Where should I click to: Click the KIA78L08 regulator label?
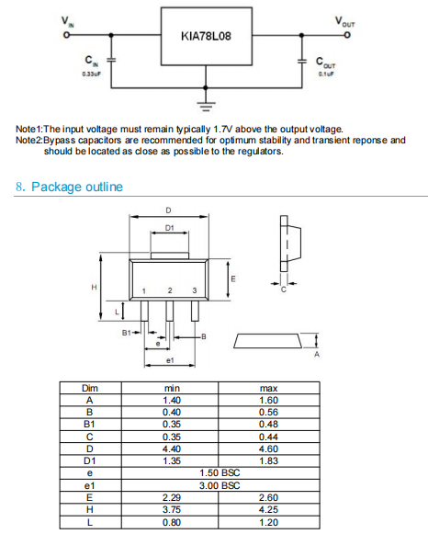coord(206,36)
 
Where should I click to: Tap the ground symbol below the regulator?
coord(206,106)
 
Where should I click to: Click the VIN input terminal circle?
coord(67,35)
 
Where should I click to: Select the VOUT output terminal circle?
coord(346,35)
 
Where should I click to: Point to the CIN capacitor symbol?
coord(111,60)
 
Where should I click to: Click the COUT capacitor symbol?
coord(302,62)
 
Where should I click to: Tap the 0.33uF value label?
coord(92,74)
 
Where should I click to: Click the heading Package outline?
coord(77,187)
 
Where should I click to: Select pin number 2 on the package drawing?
coord(170,290)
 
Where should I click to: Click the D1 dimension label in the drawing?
coord(169,228)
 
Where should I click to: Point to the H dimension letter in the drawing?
coord(94,288)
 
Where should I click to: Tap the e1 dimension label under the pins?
coord(170,360)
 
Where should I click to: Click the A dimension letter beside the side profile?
coord(317,355)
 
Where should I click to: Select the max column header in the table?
coord(269,388)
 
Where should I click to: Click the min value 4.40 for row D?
coord(172,449)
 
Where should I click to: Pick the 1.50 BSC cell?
coord(220,473)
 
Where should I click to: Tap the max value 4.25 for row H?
coord(268,509)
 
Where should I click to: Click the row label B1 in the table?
coord(89,425)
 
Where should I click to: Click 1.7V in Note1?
coord(223,129)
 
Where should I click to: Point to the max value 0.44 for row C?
coord(268,437)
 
